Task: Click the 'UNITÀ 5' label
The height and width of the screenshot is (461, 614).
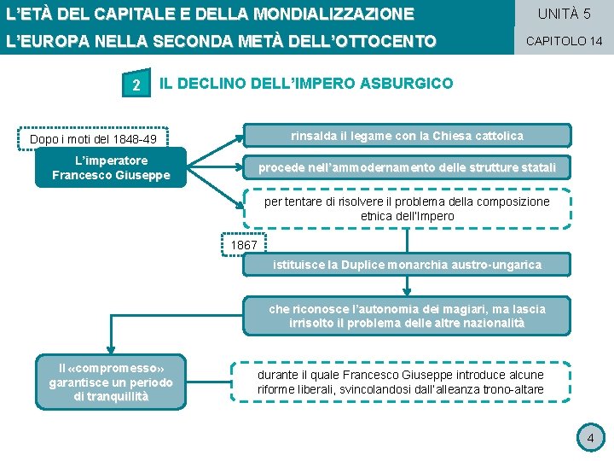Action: [x=564, y=14]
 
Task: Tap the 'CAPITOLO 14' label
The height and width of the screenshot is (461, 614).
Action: [x=564, y=41]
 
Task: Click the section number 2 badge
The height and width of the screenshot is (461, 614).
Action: [x=135, y=83]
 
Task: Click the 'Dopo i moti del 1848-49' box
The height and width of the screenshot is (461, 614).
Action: [x=93, y=139]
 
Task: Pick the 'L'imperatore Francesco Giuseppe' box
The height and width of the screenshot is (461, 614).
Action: [x=111, y=167]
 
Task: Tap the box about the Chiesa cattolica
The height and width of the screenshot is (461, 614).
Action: [x=407, y=136]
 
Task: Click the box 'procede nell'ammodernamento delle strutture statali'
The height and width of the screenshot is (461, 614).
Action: [x=407, y=167]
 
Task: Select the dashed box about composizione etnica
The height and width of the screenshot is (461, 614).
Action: [x=407, y=209]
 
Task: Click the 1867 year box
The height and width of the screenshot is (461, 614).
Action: [x=243, y=245]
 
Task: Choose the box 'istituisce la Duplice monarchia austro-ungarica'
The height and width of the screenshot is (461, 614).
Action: [x=407, y=265]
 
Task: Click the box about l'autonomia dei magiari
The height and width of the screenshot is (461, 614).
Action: [x=407, y=316]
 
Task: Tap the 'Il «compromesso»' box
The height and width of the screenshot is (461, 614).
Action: [x=111, y=382]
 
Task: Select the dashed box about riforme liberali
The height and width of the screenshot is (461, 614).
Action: [x=400, y=382]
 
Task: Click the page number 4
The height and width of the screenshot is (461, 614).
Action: [x=588, y=439]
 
